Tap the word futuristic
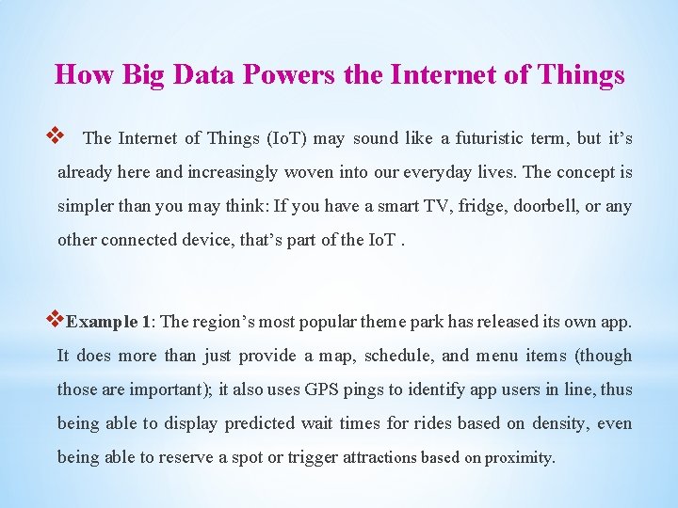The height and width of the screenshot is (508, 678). coord(492,138)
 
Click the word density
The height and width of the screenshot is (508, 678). coord(559,423)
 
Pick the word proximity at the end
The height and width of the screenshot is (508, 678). coord(520,458)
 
